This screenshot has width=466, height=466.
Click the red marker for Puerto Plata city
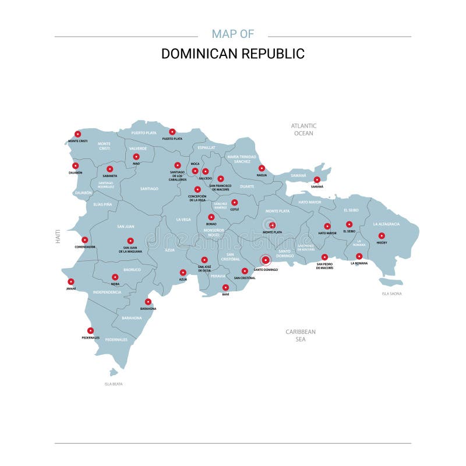click(172, 132)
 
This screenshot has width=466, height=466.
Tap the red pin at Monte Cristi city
click(77, 134)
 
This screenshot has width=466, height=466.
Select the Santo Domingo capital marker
click(266, 260)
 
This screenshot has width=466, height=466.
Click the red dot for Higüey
click(382, 236)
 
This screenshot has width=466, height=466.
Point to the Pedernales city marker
click(90, 331)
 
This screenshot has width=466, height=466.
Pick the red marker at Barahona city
click(148, 302)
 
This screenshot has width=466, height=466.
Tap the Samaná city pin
click(317, 180)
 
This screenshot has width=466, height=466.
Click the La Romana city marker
click(359, 256)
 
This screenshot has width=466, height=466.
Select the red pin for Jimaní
click(71, 282)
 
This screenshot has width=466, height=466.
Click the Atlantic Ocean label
click(303, 129)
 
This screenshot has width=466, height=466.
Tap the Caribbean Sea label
click(301, 335)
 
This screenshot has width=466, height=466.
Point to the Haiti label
click(58, 236)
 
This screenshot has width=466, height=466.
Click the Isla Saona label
click(391, 294)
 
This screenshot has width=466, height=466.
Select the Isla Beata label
click(114, 384)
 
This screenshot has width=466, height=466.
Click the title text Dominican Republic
click(233, 54)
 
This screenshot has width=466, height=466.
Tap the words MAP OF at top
click(233, 34)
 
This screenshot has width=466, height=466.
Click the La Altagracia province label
click(386, 224)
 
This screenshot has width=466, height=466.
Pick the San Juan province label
click(125, 227)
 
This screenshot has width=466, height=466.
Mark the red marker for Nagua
click(262, 168)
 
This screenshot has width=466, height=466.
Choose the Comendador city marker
click(84, 240)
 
